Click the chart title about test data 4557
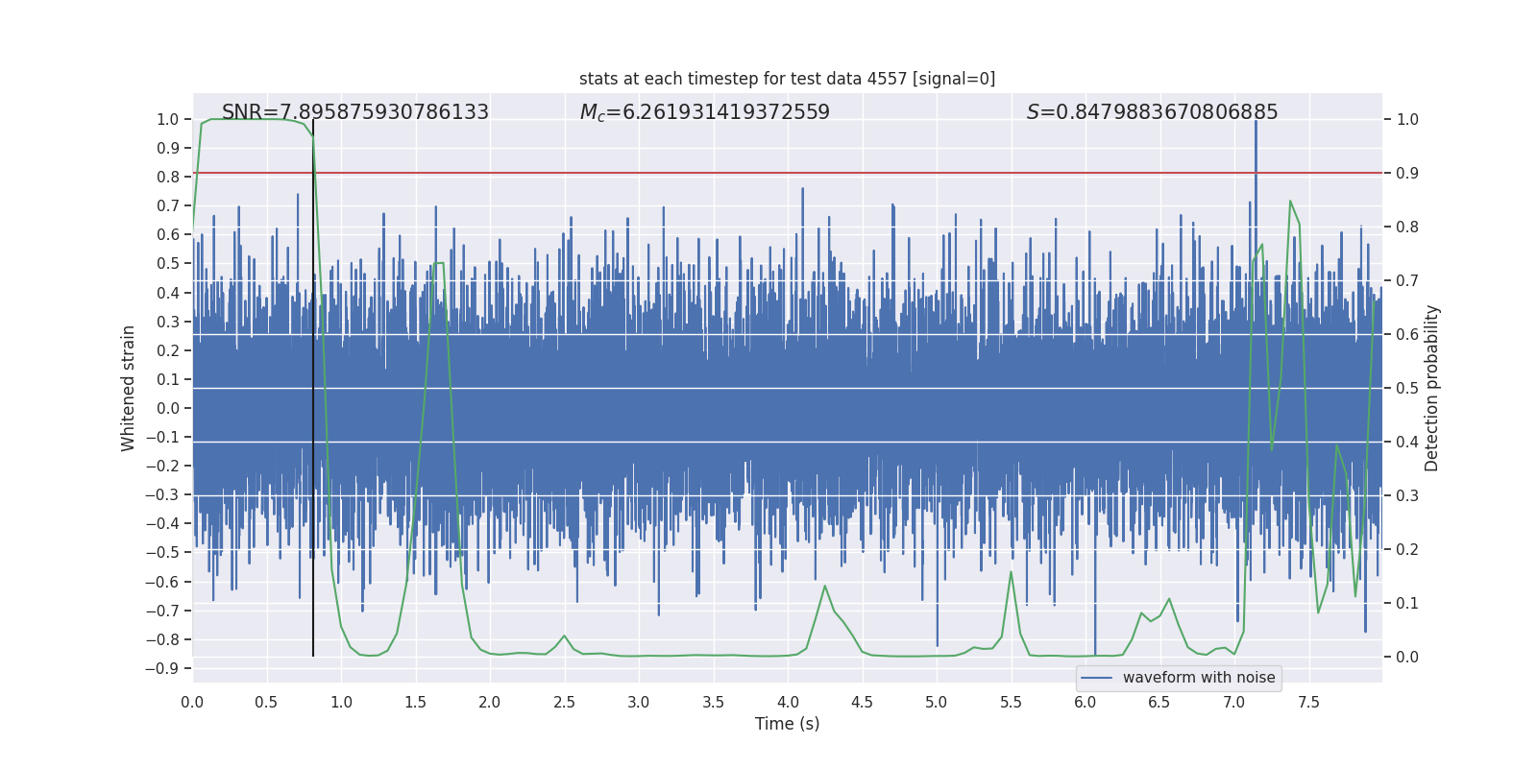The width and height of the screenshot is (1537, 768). click(x=787, y=79)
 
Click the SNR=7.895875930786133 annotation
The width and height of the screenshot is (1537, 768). click(x=355, y=112)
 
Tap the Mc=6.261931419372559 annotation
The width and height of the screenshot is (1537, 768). click(x=704, y=112)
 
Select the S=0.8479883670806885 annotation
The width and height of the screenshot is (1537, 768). click(x=1152, y=112)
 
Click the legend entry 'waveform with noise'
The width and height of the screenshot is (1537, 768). click(x=1198, y=678)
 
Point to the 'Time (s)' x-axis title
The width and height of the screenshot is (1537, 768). click(x=787, y=724)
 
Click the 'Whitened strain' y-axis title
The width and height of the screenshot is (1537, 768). click(x=128, y=388)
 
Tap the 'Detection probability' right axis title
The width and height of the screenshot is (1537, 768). click(x=1432, y=388)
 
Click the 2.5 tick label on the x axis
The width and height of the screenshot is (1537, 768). click(x=564, y=702)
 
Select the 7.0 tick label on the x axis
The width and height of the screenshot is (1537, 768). click(x=1233, y=702)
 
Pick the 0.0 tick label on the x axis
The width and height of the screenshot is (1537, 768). click(x=192, y=702)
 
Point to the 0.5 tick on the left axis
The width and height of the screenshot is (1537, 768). click(x=168, y=264)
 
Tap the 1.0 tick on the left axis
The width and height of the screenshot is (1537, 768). click(x=168, y=120)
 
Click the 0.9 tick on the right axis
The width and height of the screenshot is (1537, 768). click(x=1407, y=174)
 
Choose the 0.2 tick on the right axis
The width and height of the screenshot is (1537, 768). click(x=1407, y=550)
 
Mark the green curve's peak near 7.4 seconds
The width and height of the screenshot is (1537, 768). click(x=1289, y=201)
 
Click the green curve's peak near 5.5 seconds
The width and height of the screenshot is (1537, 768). click(x=1011, y=572)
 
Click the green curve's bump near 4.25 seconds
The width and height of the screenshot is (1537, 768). click(x=824, y=586)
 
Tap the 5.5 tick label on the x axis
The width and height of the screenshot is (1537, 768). click(x=1011, y=702)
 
